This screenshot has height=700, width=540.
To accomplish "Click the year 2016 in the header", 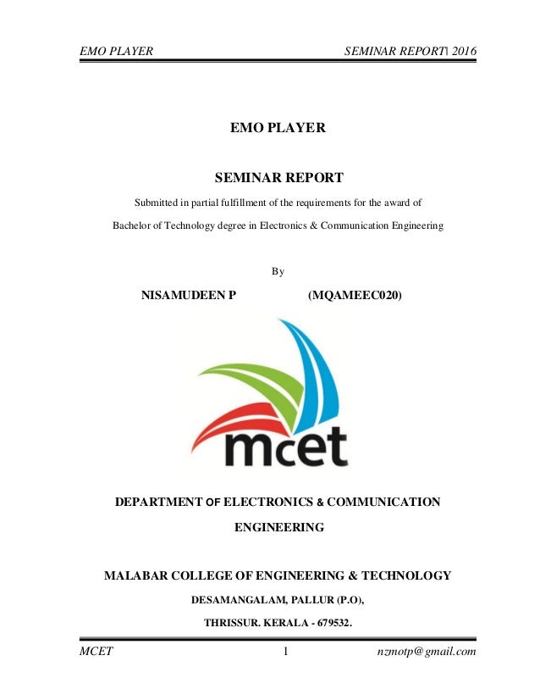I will pyautogui.click(x=464, y=52).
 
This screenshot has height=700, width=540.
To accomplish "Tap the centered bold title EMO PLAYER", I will pyautogui.click(x=278, y=128).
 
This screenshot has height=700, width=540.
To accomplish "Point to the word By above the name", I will pyautogui.click(x=278, y=271).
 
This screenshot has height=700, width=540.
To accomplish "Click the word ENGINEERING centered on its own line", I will pyautogui.click(x=278, y=527).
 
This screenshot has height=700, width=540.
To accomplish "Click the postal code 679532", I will pyautogui.click(x=331, y=625).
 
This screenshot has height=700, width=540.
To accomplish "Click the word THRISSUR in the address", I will pyautogui.click(x=230, y=625).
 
